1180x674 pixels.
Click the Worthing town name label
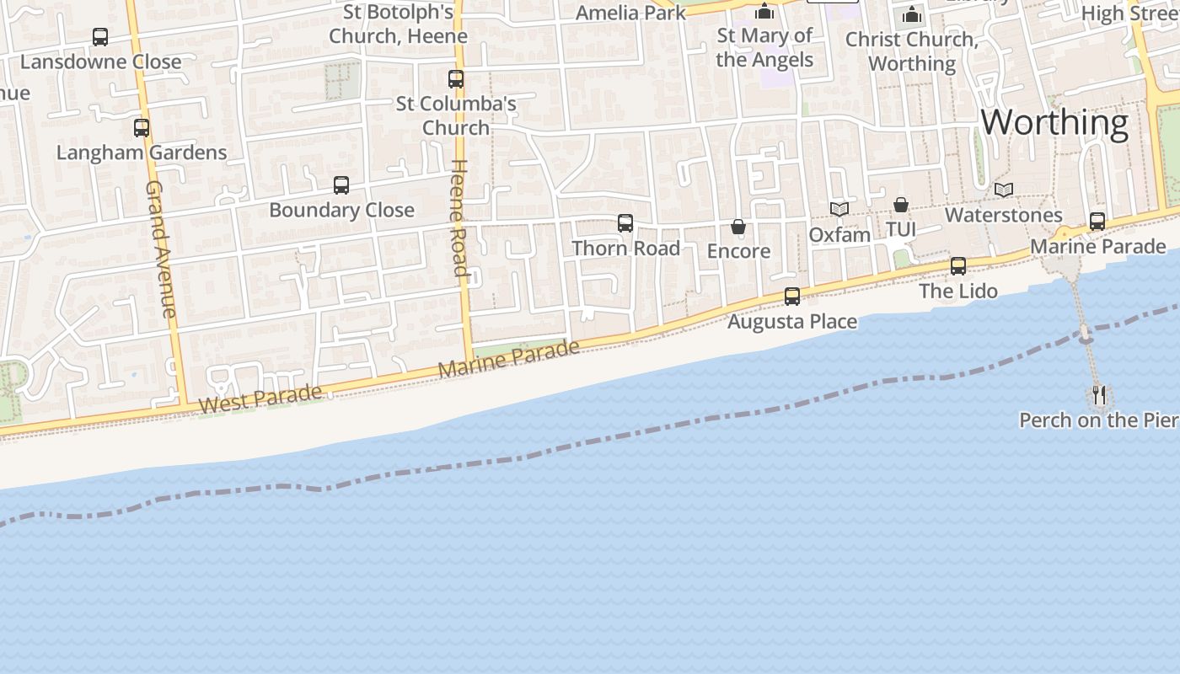(1054, 123)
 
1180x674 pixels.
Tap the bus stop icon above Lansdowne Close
(100, 37)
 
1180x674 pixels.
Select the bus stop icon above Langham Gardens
(142, 128)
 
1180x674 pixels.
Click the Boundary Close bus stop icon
(341, 185)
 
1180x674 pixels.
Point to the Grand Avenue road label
(160, 249)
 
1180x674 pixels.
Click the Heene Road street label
(459, 217)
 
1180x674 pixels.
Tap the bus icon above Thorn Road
(625, 223)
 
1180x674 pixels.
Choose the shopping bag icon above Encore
(738, 227)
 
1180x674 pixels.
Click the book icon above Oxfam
(839, 209)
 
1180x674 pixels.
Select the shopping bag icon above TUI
(901, 205)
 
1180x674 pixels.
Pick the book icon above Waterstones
(1003, 190)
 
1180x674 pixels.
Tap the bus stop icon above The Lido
(958, 266)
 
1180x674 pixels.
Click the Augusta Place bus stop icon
(792, 297)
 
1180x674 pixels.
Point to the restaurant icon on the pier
(1099, 394)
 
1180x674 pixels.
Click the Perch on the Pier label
(1098, 420)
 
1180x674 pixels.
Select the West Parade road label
(260, 399)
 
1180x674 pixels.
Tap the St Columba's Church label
(456, 115)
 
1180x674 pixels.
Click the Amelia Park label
(630, 13)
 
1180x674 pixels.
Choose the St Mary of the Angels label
(764, 47)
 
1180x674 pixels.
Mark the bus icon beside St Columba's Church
(456, 79)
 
